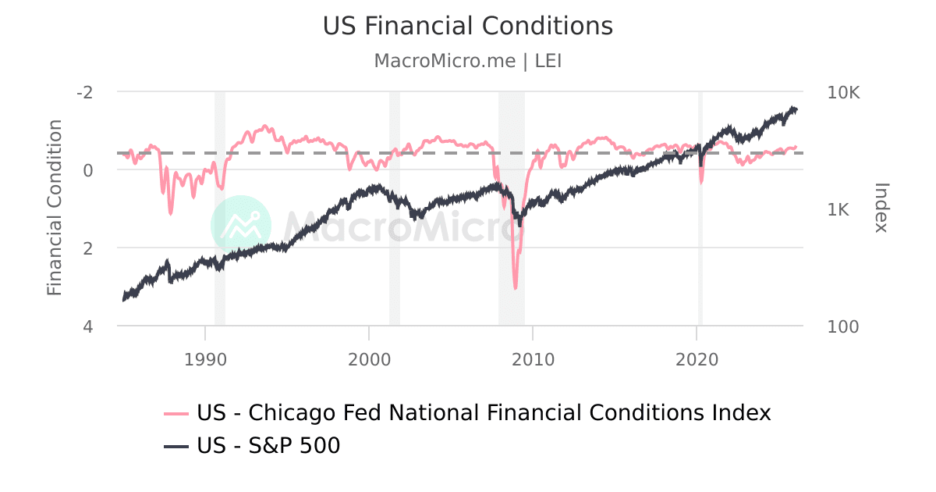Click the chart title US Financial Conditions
468,26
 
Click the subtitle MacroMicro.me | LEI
468,61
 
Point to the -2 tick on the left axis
84,91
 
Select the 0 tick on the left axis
88,169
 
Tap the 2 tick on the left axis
88,248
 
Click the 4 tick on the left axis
88,326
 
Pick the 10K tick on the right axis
843,92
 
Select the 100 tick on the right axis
842,326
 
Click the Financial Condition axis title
54,208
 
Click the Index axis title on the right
881,208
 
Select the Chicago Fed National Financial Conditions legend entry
468,412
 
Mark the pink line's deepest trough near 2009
516,288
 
